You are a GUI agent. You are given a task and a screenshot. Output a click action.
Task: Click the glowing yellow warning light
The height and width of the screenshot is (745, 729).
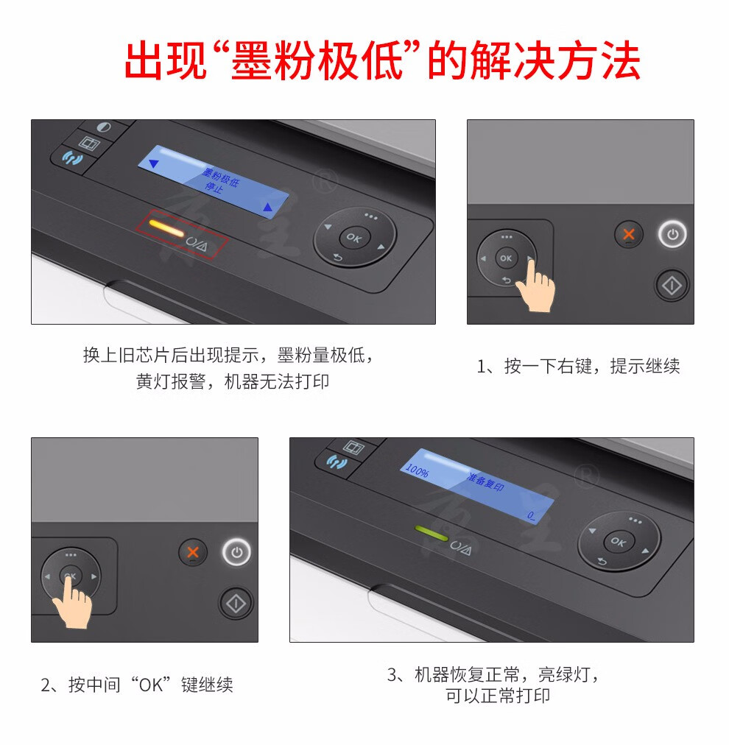(x=166, y=227)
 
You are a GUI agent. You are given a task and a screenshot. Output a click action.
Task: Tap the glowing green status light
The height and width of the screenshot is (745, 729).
(x=432, y=533)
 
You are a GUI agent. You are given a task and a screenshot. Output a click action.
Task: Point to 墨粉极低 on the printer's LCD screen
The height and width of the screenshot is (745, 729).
(x=221, y=177)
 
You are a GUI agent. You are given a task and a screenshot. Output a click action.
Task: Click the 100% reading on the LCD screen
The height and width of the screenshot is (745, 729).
(x=418, y=470)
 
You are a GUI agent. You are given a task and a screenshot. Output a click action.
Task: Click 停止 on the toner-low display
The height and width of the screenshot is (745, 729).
(x=214, y=187)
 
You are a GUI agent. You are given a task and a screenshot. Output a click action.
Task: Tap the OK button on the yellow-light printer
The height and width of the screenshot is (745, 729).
(x=354, y=237)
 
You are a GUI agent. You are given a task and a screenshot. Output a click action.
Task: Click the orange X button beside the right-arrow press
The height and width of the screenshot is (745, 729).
(x=629, y=234)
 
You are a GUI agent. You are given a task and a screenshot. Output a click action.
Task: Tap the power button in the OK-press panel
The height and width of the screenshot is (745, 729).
(x=236, y=552)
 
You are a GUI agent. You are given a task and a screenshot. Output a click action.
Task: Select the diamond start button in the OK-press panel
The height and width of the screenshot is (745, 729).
(x=236, y=604)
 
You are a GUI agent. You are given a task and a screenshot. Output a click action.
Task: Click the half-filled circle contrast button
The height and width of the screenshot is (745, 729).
(x=104, y=127)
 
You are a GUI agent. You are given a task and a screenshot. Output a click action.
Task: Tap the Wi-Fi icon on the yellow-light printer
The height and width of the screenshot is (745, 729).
(x=72, y=158)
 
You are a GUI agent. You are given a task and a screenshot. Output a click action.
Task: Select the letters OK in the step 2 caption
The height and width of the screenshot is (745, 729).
(x=151, y=685)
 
